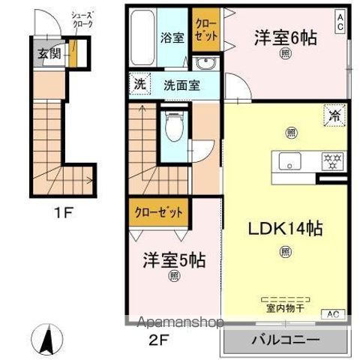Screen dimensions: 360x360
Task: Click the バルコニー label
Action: pos(286,339)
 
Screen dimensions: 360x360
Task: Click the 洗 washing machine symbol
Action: pos(139,83)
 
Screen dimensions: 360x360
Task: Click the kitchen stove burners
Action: pos(331,160)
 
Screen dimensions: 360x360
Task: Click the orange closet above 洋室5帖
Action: pos(158,212)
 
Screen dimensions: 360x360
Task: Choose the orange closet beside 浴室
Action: pos(203,30)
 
